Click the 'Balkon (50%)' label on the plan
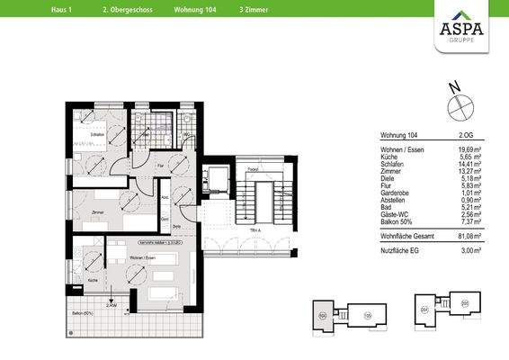(85, 311)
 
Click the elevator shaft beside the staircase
(217, 180)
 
